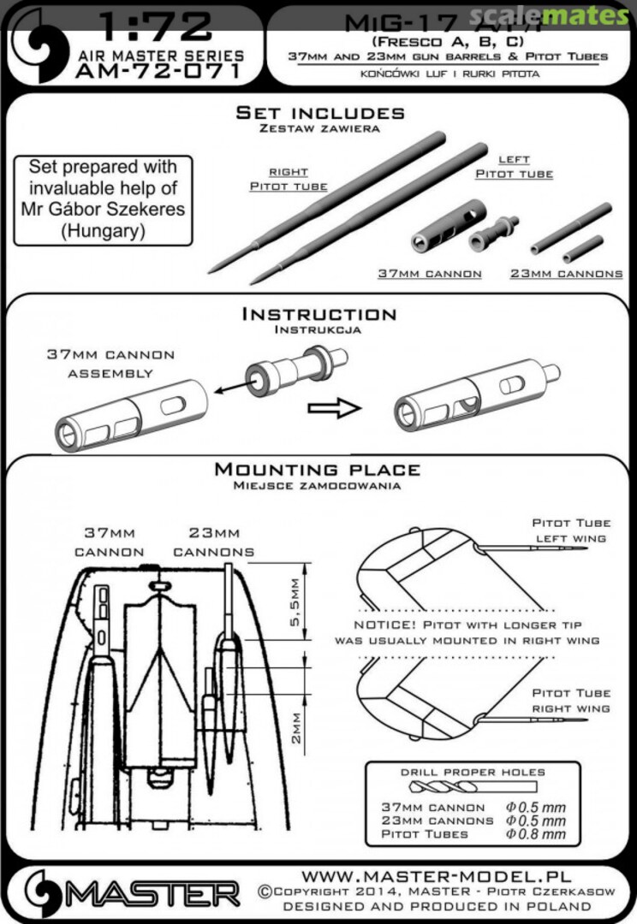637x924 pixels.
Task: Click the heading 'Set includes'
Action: pyautogui.click(x=320, y=114)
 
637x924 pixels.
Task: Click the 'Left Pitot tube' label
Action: pyautogui.click(x=515, y=167)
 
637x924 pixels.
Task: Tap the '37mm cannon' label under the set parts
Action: pyautogui.click(x=430, y=274)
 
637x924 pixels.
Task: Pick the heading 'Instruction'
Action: pyautogui.click(x=319, y=315)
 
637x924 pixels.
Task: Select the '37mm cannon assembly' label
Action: pyautogui.click(x=110, y=364)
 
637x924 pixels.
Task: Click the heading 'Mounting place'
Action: pyautogui.click(x=318, y=471)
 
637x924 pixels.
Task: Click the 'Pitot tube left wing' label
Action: pyautogui.click(x=571, y=530)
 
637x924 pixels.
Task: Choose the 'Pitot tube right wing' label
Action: pyautogui.click(x=571, y=701)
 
